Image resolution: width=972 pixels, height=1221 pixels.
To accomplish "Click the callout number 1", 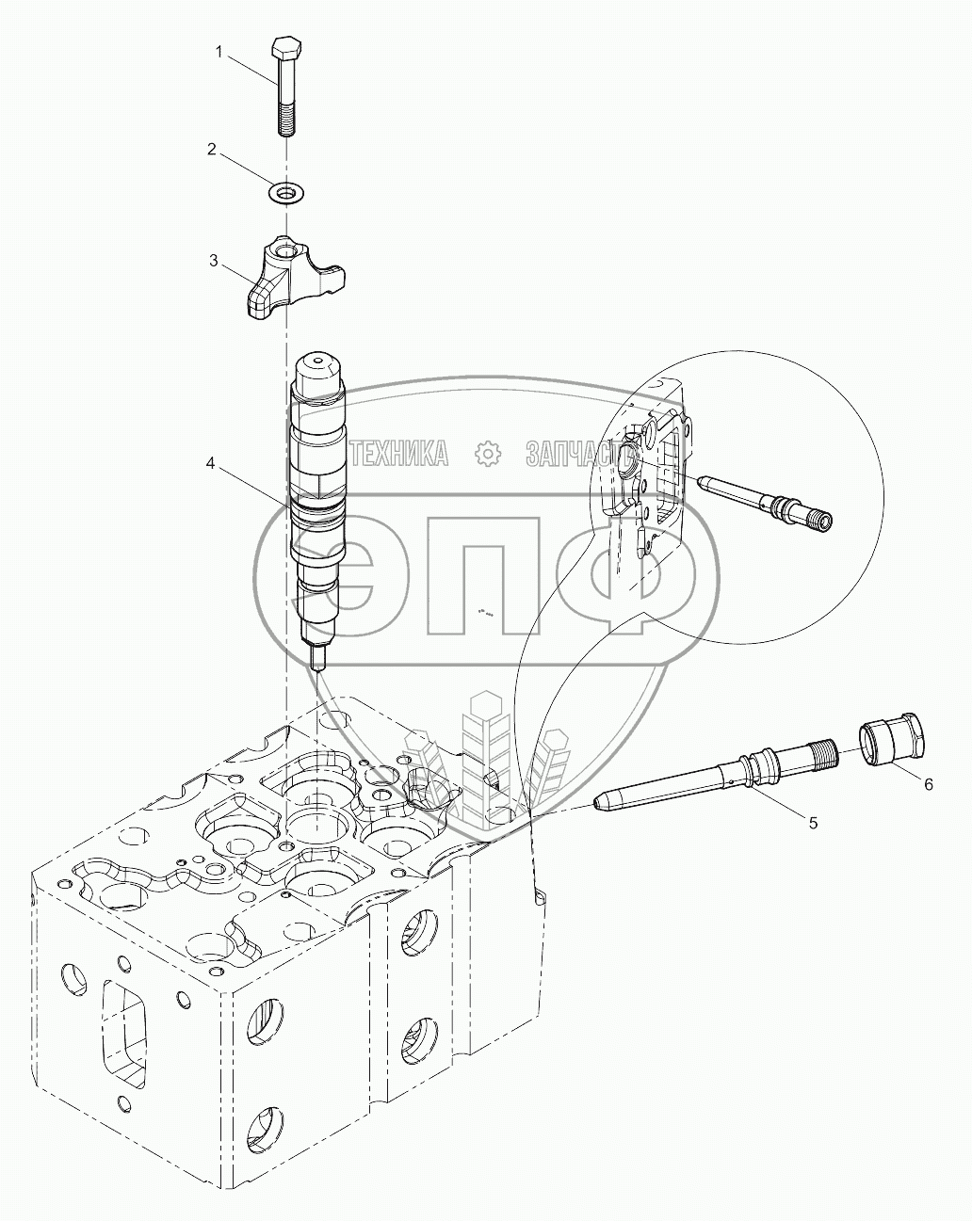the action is click(x=219, y=53).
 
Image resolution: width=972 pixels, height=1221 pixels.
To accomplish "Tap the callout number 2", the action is click(x=212, y=149).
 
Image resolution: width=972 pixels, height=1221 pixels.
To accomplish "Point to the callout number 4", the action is click(x=212, y=463).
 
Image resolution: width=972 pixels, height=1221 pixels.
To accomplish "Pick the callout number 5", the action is click(x=812, y=822).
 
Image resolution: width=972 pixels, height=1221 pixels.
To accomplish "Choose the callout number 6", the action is click(x=928, y=783).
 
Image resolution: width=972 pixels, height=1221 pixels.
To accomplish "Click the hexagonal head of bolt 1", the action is click(x=284, y=48).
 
